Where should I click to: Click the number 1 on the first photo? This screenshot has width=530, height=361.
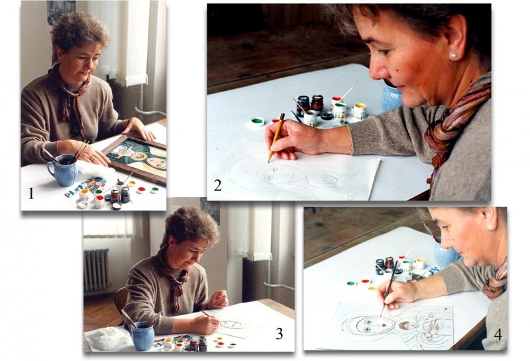(31, 193)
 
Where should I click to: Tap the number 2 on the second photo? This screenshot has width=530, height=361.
(218, 185)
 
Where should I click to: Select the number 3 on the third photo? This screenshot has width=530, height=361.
(279, 334)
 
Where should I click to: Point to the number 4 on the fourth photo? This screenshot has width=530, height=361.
(498, 334)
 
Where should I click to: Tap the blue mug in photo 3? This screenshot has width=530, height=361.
(142, 335)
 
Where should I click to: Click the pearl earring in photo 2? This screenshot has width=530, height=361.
(454, 56)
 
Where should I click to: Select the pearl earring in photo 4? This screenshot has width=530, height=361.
(488, 227)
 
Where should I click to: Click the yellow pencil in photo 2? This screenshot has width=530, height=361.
(276, 138)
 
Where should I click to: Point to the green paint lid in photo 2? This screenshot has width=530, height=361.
(258, 121)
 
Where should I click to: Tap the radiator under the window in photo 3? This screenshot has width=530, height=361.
(96, 270)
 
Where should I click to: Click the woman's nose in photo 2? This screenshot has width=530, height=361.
(378, 70)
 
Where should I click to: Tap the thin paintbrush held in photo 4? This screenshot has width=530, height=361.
(389, 287)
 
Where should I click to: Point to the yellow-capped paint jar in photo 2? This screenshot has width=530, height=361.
(360, 111)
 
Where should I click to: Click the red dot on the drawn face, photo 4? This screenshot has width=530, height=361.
(384, 325)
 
